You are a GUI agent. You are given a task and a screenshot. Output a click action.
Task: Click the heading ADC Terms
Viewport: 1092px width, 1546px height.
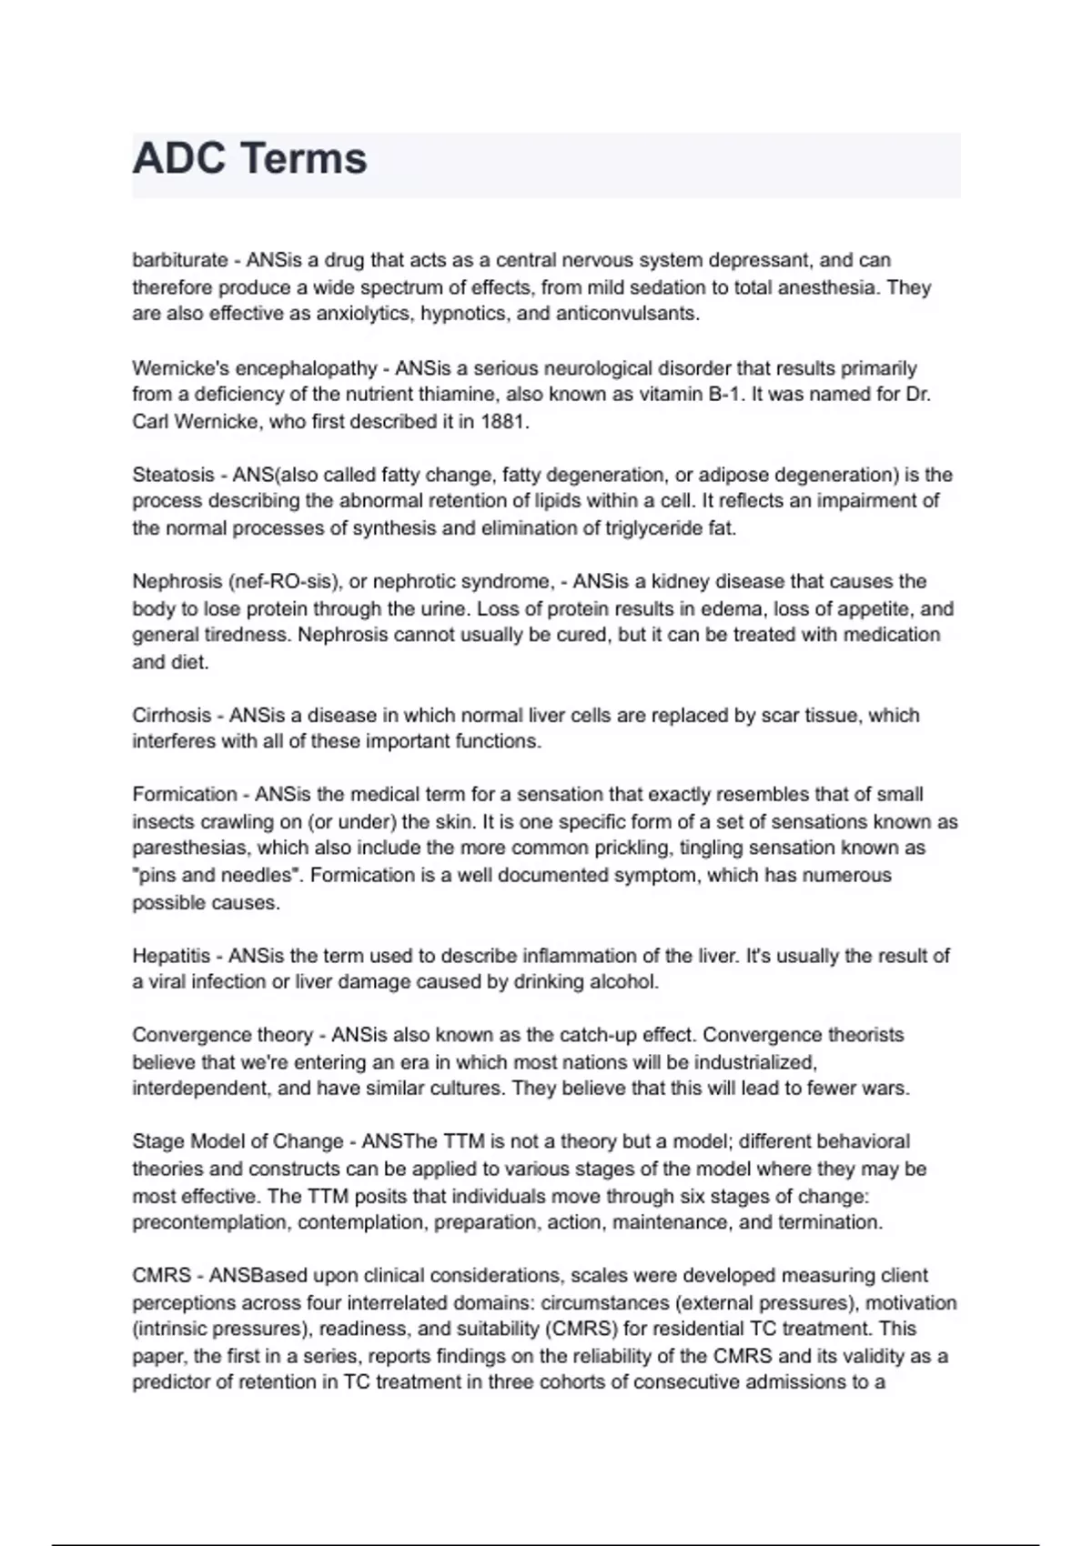(249, 159)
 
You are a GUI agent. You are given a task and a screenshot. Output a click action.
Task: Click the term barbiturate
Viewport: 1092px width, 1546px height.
(179, 260)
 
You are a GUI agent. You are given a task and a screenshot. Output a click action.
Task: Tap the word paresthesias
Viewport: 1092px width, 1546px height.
(190, 848)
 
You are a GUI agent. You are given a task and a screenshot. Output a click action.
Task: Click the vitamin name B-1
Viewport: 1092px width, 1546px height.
(726, 395)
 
